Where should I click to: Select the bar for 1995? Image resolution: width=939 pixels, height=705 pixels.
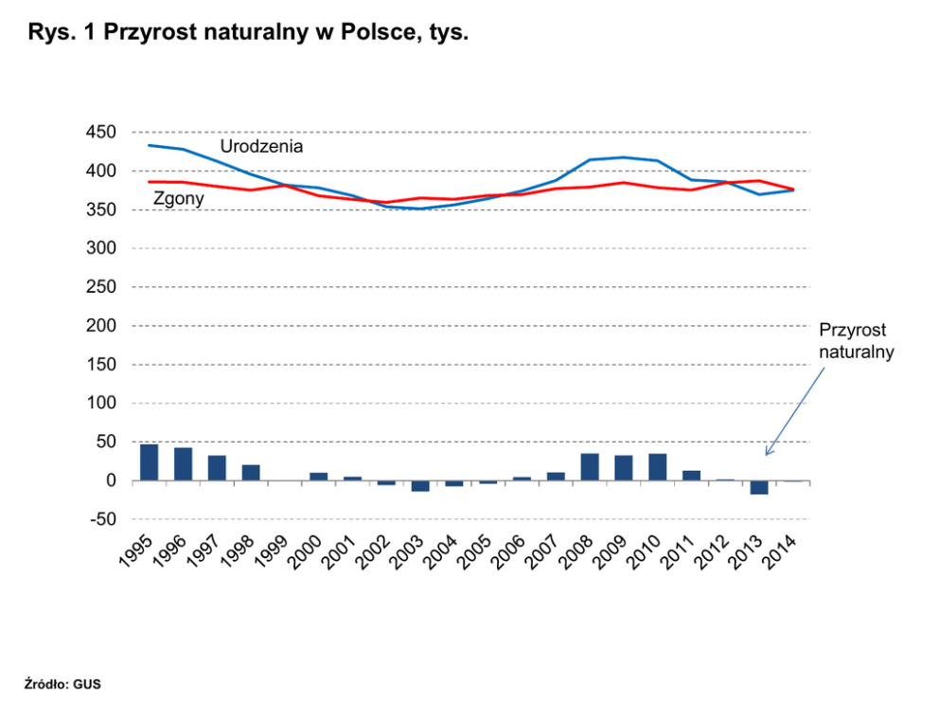pos(149,462)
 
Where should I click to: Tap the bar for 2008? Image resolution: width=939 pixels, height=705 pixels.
pos(590,467)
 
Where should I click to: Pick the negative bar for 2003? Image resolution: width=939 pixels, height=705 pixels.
pos(420,486)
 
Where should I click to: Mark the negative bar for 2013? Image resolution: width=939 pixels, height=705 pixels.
pos(759,487)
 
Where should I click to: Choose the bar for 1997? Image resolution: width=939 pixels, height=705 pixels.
pos(217,468)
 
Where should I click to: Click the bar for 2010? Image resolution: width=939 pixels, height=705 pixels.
pos(658,467)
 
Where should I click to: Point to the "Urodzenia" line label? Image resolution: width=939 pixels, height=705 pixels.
pos(261,147)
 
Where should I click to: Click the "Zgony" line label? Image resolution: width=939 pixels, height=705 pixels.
pos(179,200)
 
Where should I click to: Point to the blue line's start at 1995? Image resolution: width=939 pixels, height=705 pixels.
pos(149,145)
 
